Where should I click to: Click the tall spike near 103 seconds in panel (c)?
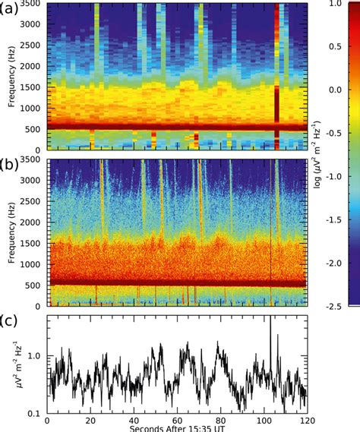click(270, 323)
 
